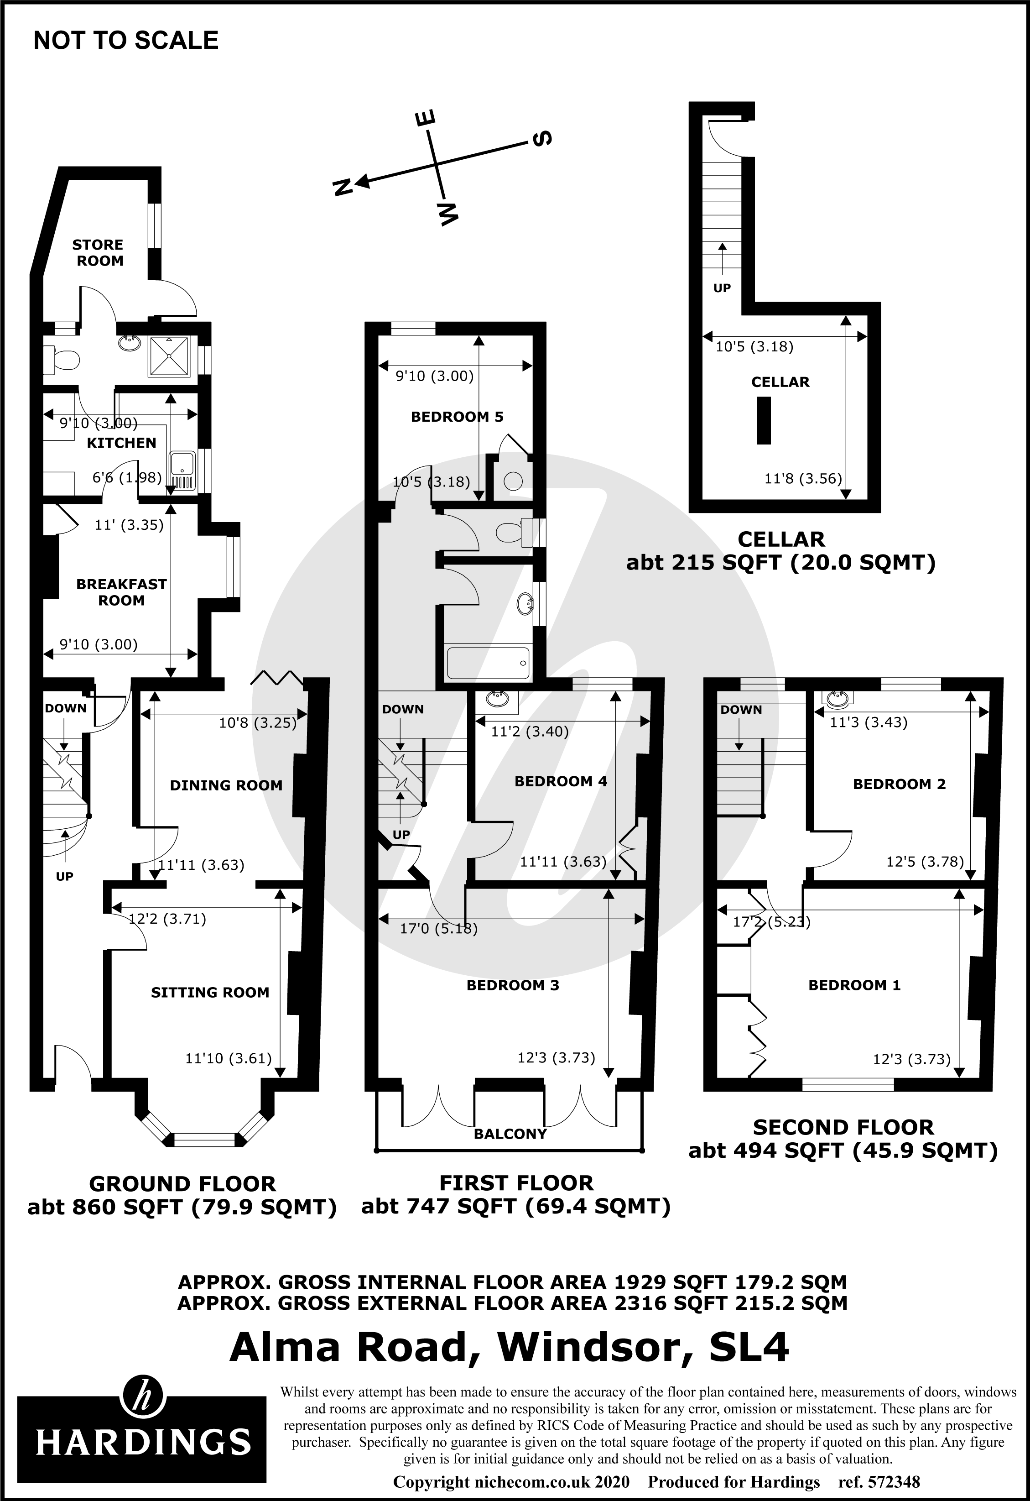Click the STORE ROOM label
pos(98,252)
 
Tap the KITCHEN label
pos(121,443)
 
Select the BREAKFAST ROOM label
pos(121,592)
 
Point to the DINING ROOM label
pos(226,785)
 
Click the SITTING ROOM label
pos(210,993)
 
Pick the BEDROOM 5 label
pos(457,417)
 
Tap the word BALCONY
pos(510,1134)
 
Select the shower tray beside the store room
pos(169,356)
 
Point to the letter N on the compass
pos(341,187)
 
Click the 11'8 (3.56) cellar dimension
pos(803,479)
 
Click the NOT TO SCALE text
pos(126,41)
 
